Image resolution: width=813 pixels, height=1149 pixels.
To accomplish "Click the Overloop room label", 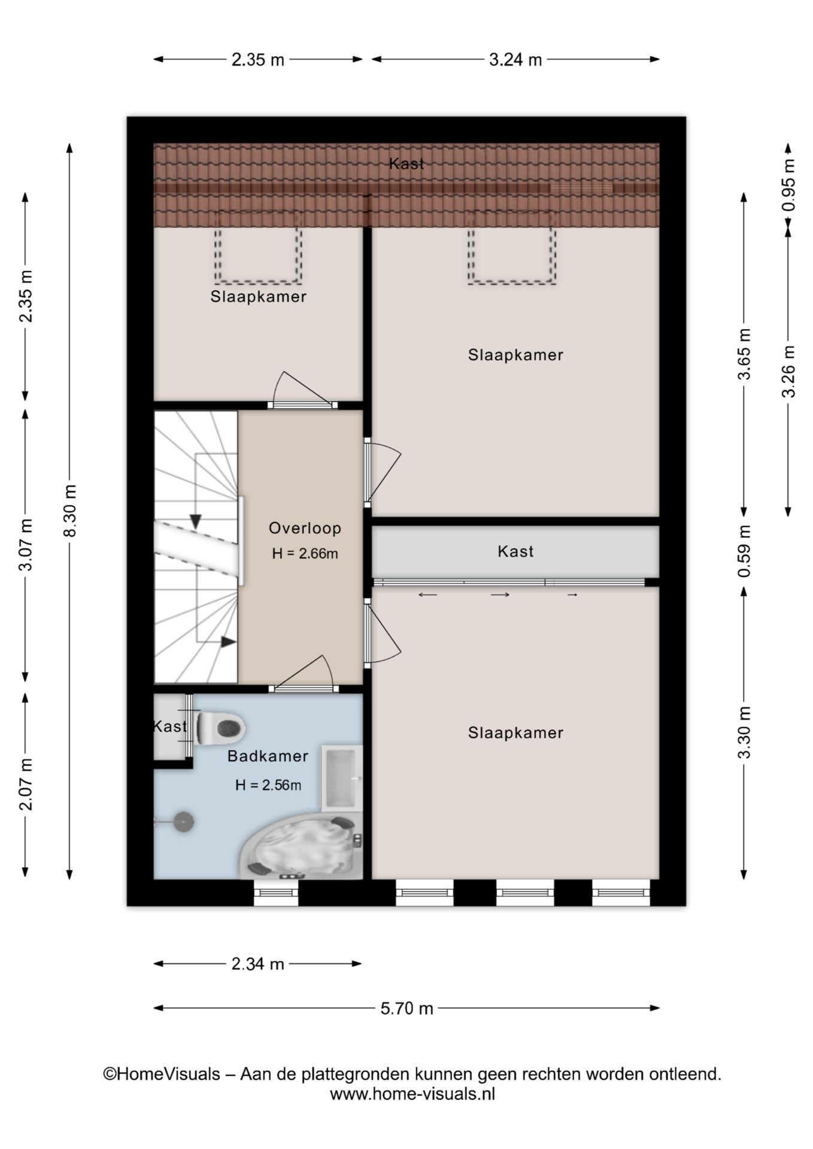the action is [x=305, y=528].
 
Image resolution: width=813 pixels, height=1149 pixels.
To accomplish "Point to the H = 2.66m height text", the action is [x=305, y=554].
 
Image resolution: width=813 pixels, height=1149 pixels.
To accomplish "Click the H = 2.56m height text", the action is [x=268, y=785].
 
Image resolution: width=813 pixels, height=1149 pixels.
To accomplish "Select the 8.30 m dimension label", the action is [x=70, y=510].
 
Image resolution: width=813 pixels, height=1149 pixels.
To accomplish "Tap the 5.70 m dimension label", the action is [x=407, y=1008].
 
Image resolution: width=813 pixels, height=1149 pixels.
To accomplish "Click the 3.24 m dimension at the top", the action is [x=515, y=60].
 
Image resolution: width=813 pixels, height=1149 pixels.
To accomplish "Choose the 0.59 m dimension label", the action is [x=744, y=551].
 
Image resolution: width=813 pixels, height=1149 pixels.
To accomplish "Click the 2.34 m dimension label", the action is [x=258, y=964].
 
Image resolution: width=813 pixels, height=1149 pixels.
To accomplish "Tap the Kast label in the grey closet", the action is [x=515, y=551].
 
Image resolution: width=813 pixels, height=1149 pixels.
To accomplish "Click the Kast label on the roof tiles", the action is [x=407, y=163].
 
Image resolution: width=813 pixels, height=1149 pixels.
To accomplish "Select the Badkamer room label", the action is [x=268, y=756].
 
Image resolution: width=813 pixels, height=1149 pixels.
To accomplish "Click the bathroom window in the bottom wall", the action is [x=276, y=893].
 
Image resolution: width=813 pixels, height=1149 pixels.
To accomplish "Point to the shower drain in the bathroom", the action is [x=183, y=822].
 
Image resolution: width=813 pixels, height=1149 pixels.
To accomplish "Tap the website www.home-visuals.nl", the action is [x=412, y=1095].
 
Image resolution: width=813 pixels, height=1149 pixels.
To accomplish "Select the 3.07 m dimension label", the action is [x=26, y=545].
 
